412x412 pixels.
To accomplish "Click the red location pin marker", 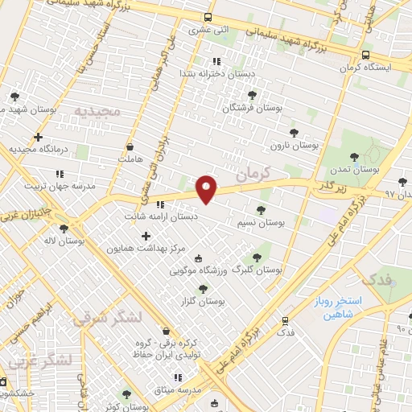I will click(208, 188).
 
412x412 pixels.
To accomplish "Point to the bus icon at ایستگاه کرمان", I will click(365, 56).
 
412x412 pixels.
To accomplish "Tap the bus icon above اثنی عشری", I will click(209, 18).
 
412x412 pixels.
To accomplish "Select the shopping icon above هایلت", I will click(130, 147).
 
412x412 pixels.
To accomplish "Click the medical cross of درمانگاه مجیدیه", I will click(38, 137).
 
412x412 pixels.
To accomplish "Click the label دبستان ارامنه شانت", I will click(160, 216).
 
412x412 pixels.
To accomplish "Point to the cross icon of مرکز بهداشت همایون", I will click(146, 236).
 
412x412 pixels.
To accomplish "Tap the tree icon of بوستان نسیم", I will click(260, 209).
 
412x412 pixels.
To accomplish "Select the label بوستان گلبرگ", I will click(256, 270).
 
